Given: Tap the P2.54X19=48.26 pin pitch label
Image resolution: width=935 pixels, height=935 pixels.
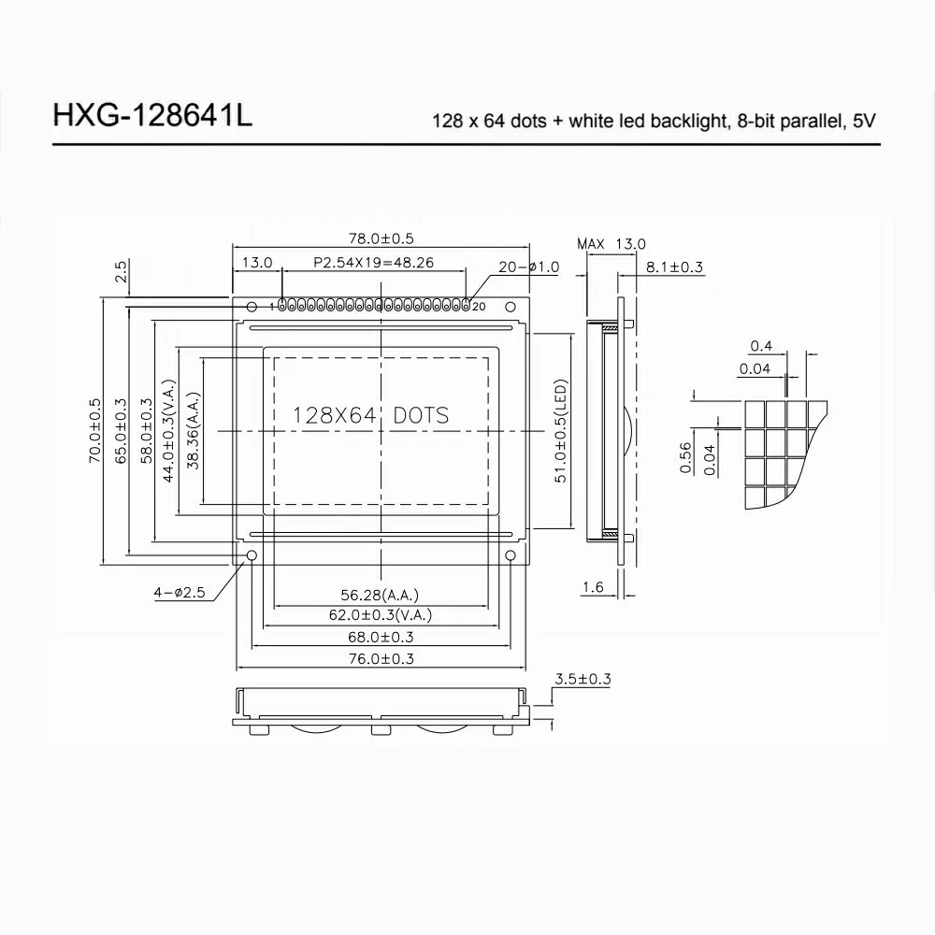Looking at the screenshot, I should tap(372, 263).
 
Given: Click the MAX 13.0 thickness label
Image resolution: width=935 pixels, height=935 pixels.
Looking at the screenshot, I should tap(611, 244).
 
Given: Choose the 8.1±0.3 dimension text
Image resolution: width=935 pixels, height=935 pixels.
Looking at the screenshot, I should tap(674, 267).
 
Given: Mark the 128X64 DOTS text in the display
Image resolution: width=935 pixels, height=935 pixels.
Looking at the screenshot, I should tap(370, 415).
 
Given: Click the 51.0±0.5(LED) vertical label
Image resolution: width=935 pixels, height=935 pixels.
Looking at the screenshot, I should tap(561, 431).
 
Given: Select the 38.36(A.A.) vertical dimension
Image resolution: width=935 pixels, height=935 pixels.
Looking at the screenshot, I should tap(194, 431).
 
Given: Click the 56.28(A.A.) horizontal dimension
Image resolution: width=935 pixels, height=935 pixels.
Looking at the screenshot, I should tap(380, 595).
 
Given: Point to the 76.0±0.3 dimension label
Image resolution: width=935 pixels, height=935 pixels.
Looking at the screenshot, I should tap(380, 658).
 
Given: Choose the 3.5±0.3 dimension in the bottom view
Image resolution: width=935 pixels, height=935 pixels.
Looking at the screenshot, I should tap(583, 679).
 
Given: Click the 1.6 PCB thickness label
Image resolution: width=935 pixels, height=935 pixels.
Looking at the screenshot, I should tap(592, 587).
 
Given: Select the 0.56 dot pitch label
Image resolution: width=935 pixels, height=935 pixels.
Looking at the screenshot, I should tap(685, 459).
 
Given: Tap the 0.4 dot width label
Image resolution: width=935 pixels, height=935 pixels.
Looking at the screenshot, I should tap(761, 347).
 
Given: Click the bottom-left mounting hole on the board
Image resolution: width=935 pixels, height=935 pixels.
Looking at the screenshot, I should tap(252, 556).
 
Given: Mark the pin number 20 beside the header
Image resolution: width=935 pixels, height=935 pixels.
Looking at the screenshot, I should tap(479, 306).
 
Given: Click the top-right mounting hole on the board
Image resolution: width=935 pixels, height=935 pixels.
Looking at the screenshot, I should tap(511, 307).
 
